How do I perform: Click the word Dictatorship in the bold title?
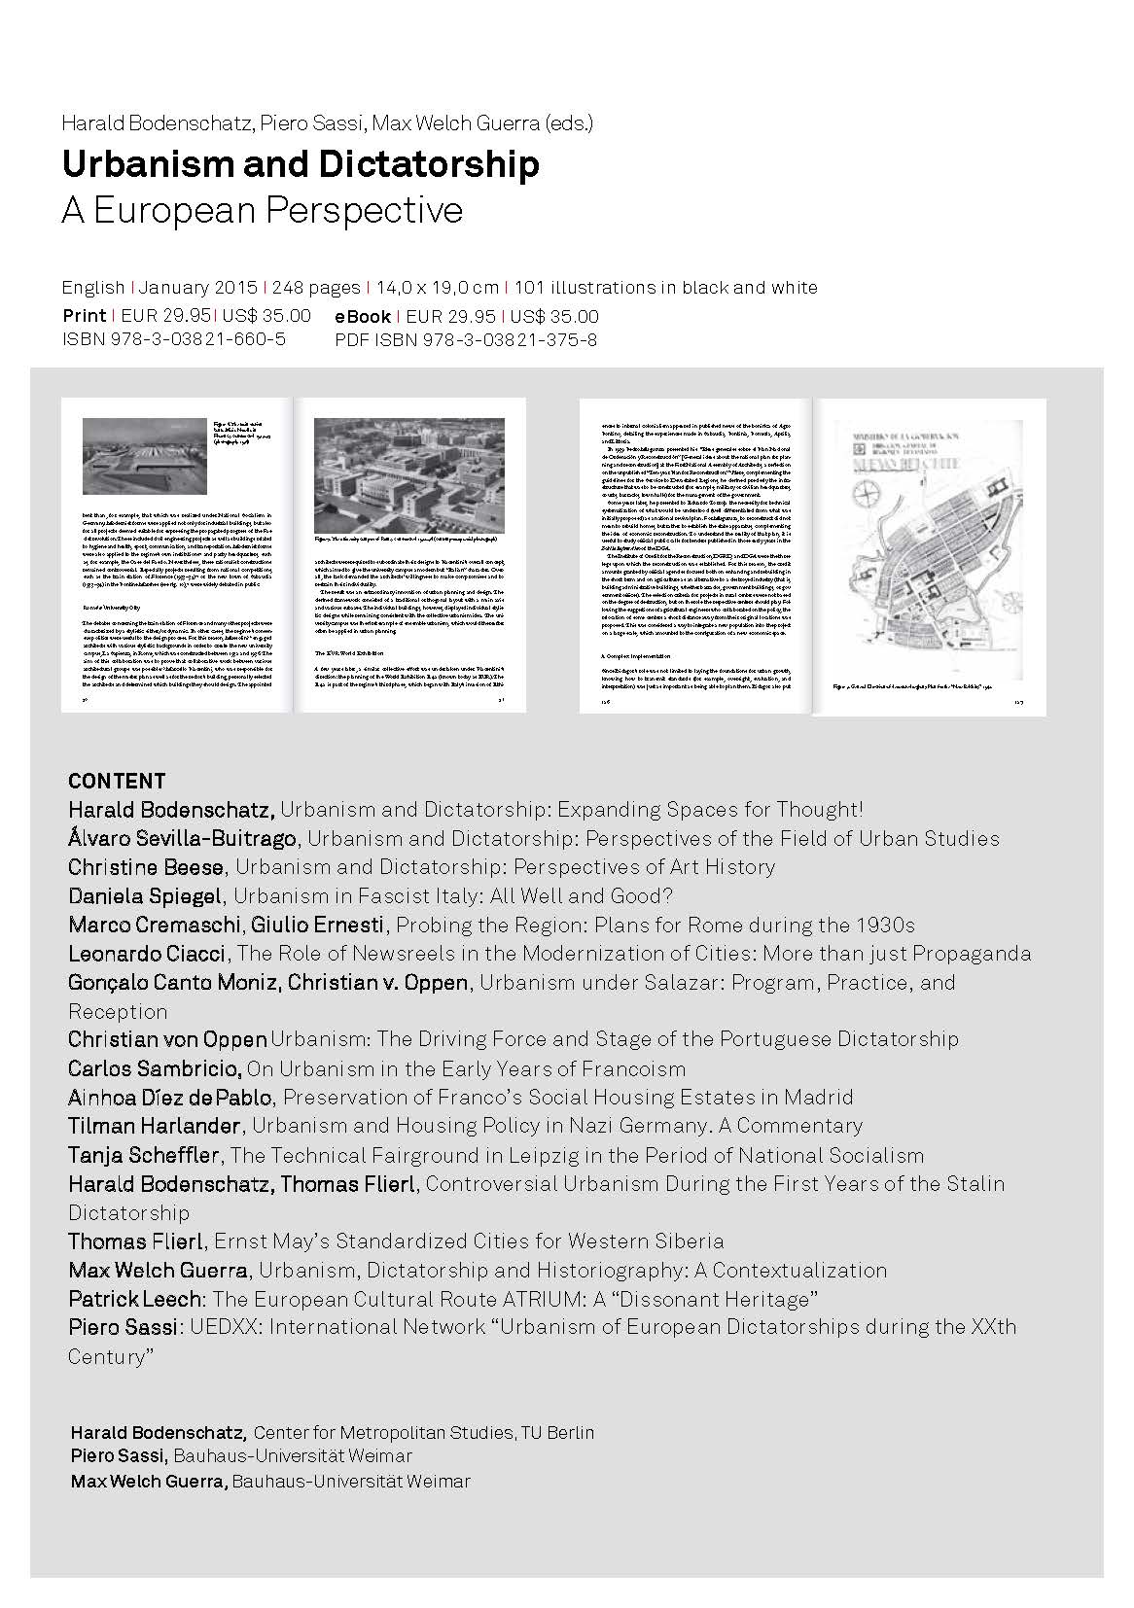(x=434, y=164)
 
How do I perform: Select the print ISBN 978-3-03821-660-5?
(x=174, y=339)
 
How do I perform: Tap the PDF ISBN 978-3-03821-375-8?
(x=466, y=339)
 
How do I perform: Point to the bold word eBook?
(x=363, y=316)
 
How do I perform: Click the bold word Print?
(x=84, y=315)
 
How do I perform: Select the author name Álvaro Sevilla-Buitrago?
(x=182, y=838)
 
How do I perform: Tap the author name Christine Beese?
(x=146, y=866)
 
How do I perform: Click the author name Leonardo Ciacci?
(x=147, y=954)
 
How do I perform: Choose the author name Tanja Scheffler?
(x=144, y=1155)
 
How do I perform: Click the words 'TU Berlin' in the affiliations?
(x=557, y=1433)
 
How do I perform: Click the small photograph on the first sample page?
(x=143, y=456)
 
